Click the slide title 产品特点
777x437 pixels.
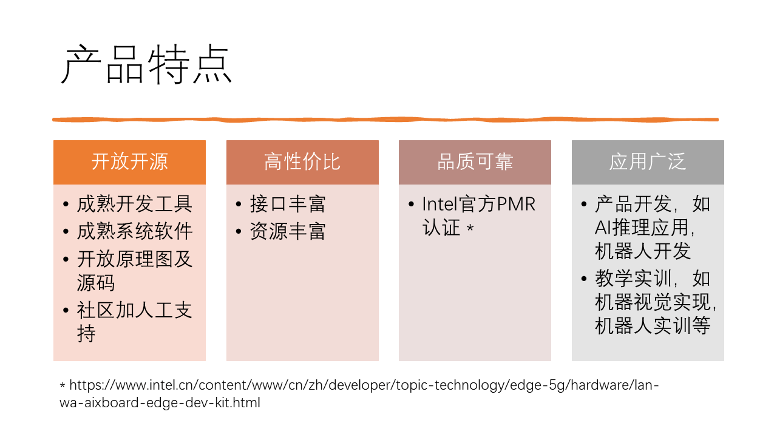point(146,64)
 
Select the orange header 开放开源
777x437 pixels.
point(129,161)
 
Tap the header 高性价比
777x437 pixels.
point(302,161)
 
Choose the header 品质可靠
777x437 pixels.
point(475,161)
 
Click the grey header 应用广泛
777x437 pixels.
point(648,161)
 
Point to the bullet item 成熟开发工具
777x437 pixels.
point(135,203)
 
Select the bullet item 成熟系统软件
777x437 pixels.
point(135,231)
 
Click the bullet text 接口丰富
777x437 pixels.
point(288,203)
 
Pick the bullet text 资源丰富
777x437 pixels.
point(288,231)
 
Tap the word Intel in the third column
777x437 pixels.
point(440,204)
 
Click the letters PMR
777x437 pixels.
point(516,204)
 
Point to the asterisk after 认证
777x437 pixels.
point(470,228)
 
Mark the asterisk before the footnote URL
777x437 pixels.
point(63,385)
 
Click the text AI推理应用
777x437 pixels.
point(642,228)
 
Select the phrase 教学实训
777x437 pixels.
point(633,279)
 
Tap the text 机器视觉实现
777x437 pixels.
point(653,302)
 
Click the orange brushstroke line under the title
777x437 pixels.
point(385,120)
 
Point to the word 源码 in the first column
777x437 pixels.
point(96,283)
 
